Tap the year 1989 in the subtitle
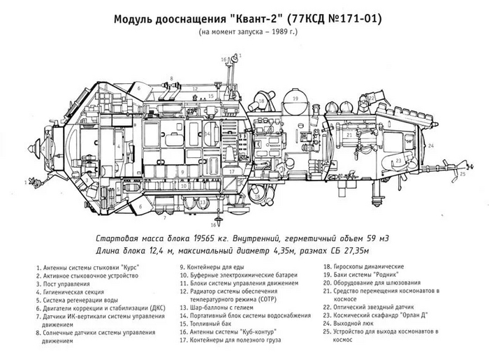click(270, 31)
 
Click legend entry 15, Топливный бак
click(211, 324)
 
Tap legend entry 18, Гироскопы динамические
click(363, 267)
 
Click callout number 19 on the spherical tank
click(295, 99)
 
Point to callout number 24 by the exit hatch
click(432, 145)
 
